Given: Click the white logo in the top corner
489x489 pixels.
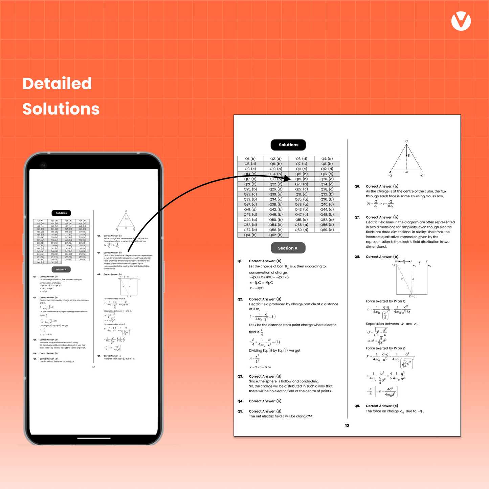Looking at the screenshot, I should point(461,21).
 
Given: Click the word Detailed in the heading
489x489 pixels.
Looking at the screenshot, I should point(57,84).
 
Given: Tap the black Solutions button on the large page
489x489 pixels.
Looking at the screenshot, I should point(288,145).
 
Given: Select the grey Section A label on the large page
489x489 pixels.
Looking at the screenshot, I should point(288,248).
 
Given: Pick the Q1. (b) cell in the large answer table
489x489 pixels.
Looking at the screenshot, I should point(250,159).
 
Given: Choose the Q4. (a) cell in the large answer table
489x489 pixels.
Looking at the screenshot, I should point(327,159).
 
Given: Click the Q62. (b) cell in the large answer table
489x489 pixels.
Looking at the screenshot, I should point(276,235).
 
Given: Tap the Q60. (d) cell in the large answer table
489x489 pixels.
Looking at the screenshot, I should point(327,230).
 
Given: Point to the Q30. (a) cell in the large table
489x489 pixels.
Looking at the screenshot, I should point(276,194).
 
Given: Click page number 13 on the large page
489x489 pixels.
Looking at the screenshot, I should point(347,426).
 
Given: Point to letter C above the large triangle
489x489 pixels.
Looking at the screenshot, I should point(406,141).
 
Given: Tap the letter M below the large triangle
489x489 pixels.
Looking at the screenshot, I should point(407,172).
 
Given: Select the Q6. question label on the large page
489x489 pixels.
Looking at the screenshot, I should point(357,186).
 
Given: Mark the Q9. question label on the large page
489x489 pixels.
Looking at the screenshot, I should point(357,406).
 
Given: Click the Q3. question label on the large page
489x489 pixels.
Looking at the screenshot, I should point(240,376).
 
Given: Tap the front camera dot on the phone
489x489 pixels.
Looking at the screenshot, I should point(43,165).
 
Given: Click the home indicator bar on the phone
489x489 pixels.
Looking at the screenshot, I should point(94,438).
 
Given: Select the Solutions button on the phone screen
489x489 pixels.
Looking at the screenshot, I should point(61,213).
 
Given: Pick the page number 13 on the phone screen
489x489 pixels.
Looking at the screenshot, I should point(93,366).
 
